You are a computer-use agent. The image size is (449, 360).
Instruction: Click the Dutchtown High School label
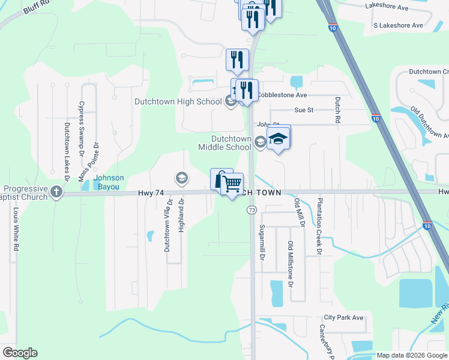178,101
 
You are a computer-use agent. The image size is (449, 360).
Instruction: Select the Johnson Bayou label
109,182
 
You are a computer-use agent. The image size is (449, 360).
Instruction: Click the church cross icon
56,192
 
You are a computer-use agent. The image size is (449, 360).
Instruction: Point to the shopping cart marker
232,183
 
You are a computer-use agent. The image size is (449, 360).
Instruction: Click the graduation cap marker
279,139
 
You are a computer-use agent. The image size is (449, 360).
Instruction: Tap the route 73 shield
252,210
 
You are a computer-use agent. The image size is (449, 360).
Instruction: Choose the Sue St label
304,110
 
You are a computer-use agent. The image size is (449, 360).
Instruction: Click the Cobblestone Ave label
282,95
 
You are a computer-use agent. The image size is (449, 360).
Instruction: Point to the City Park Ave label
343,317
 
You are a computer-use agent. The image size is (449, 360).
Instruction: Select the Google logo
20,353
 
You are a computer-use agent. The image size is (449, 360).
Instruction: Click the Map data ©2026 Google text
411,355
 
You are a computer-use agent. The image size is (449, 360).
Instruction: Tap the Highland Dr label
181,217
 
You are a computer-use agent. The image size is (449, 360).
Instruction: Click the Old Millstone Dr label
290,263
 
